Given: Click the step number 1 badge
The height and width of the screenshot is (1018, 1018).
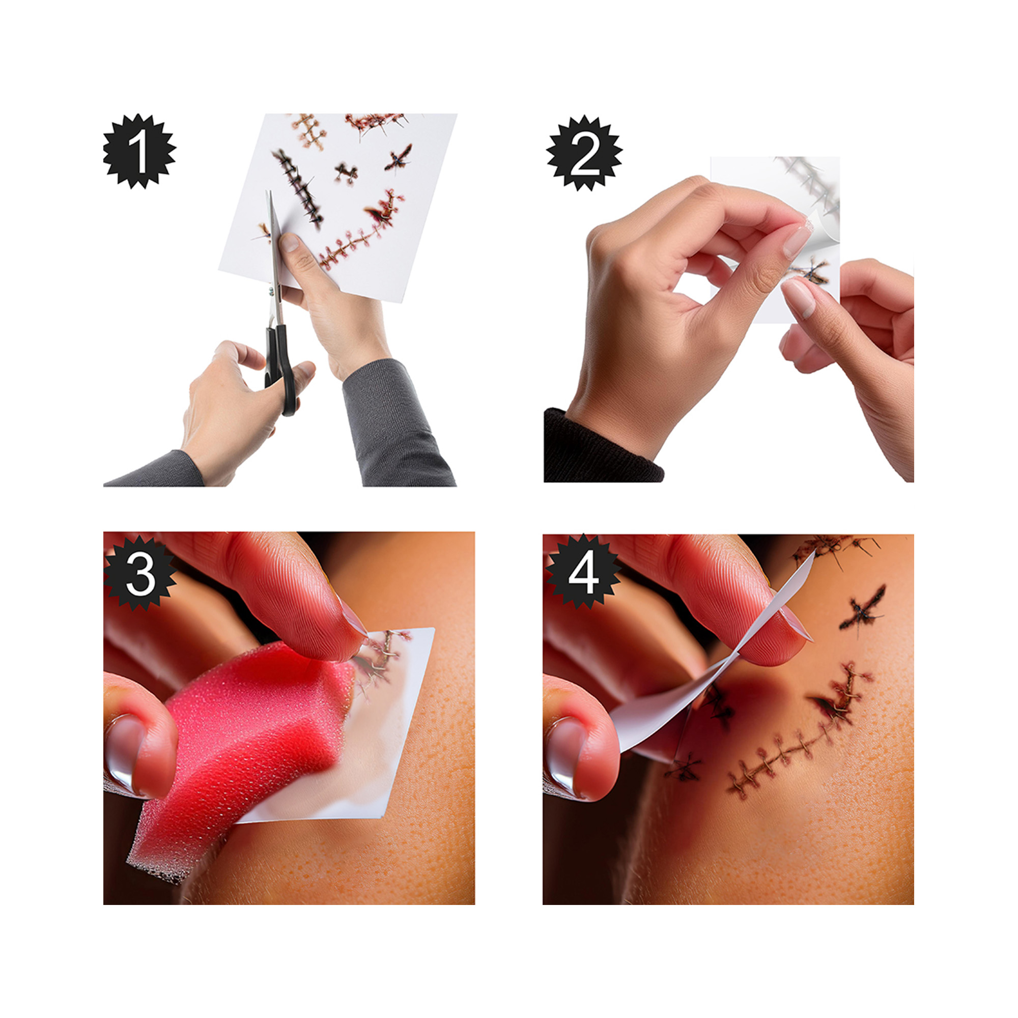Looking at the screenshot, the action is pos(139,151).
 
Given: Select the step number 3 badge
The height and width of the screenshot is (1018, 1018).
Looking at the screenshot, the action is pos(140,573).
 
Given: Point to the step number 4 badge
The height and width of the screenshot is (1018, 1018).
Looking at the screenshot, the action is pos(583,572).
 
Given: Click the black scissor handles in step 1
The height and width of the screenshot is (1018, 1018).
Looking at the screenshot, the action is pos(280,369).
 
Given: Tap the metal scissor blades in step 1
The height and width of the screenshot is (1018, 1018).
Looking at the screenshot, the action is pos(274,258).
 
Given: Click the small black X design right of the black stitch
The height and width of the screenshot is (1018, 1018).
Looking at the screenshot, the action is pos(346,173).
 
